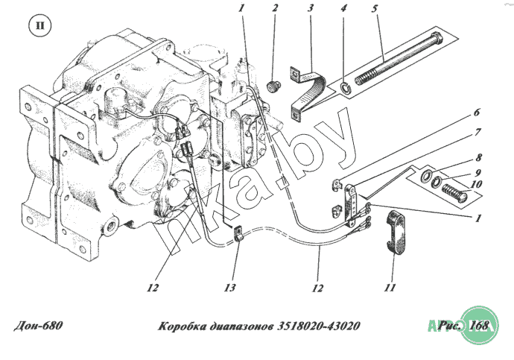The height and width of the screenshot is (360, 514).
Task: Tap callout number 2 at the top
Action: [275, 9]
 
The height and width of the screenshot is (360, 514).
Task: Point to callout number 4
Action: [343, 9]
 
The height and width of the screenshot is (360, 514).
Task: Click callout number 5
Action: [376, 9]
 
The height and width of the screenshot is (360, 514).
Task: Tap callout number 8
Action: [477, 158]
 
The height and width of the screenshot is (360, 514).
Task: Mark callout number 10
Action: [477, 184]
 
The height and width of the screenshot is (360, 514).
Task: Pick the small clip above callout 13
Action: [239, 234]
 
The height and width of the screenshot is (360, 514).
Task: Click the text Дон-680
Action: [38, 326]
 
